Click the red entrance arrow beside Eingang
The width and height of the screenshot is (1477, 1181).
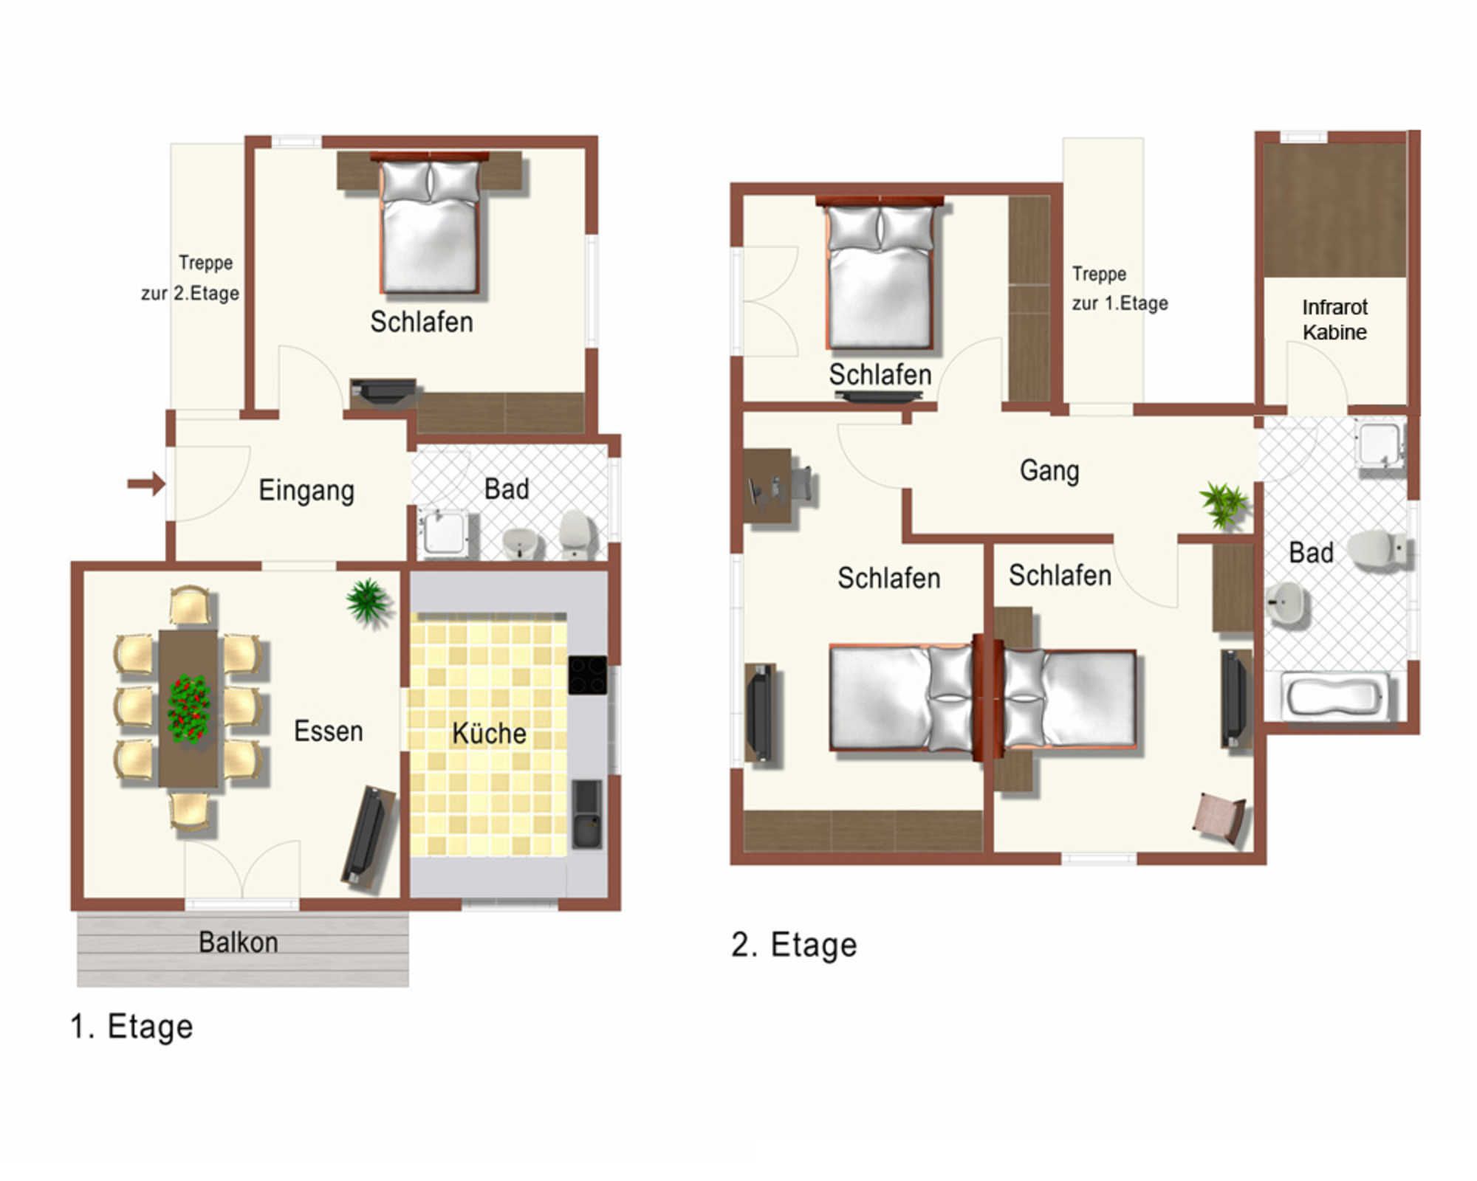tap(145, 484)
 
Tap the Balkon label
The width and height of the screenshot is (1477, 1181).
tap(239, 943)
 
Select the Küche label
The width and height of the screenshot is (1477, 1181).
tap(489, 733)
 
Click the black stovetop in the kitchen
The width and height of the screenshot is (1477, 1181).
tap(588, 675)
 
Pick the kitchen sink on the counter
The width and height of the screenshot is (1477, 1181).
tap(588, 814)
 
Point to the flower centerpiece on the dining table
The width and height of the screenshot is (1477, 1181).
tap(190, 709)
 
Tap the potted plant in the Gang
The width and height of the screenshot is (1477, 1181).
tap(1224, 505)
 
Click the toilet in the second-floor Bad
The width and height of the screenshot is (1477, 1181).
tap(1378, 549)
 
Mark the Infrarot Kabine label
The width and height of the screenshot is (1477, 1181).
tap(1334, 320)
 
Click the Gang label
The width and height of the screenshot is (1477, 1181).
tap(1049, 471)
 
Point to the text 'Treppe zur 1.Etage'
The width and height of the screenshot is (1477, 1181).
tap(1120, 289)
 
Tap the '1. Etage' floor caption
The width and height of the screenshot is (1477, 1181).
tap(131, 1027)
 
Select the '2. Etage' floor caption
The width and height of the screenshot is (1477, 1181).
tap(794, 945)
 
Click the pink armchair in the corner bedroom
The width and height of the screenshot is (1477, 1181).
tap(1220, 819)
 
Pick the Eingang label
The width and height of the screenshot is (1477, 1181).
tap(306, 491)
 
